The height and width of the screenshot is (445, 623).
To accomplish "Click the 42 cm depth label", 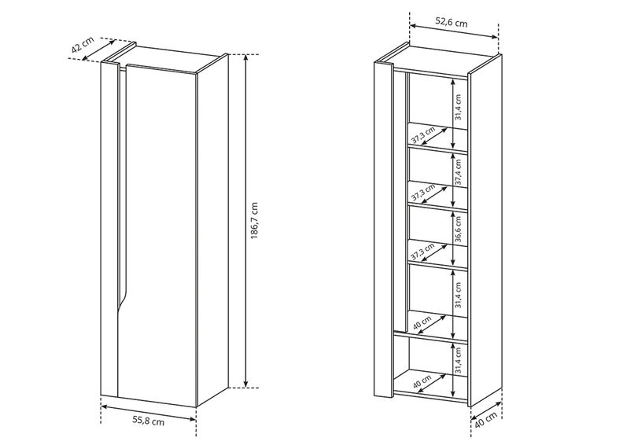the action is pos(83,45).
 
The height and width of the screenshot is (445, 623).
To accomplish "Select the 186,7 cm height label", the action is pos(254,221).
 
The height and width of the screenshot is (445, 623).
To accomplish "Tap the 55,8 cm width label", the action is pos(148,421).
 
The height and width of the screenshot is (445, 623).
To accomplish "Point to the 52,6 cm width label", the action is pos(452,22).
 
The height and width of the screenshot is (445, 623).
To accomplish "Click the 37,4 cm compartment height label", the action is pos(458,172).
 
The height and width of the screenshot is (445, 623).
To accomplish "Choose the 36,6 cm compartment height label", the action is pos(458,229).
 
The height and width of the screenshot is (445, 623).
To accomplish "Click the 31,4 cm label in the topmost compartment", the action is pos(458,107).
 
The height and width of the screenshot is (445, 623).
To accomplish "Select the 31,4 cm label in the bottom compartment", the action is pos(458,360).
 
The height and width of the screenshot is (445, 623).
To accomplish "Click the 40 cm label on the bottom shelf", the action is pos(422,382).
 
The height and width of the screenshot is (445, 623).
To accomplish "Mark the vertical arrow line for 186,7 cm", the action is pos(246,221).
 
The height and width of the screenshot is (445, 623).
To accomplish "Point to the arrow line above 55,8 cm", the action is pos(149,413).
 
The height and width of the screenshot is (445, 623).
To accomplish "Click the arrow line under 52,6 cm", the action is pos(454,31).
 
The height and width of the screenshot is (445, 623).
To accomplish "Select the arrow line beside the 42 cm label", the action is pos(98,50).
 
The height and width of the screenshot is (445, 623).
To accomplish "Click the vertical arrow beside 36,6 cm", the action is pos(452,237).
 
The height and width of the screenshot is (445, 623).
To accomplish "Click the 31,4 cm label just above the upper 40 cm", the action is pos(458,296).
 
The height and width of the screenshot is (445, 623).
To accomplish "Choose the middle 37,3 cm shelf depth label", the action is pos(422,193).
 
